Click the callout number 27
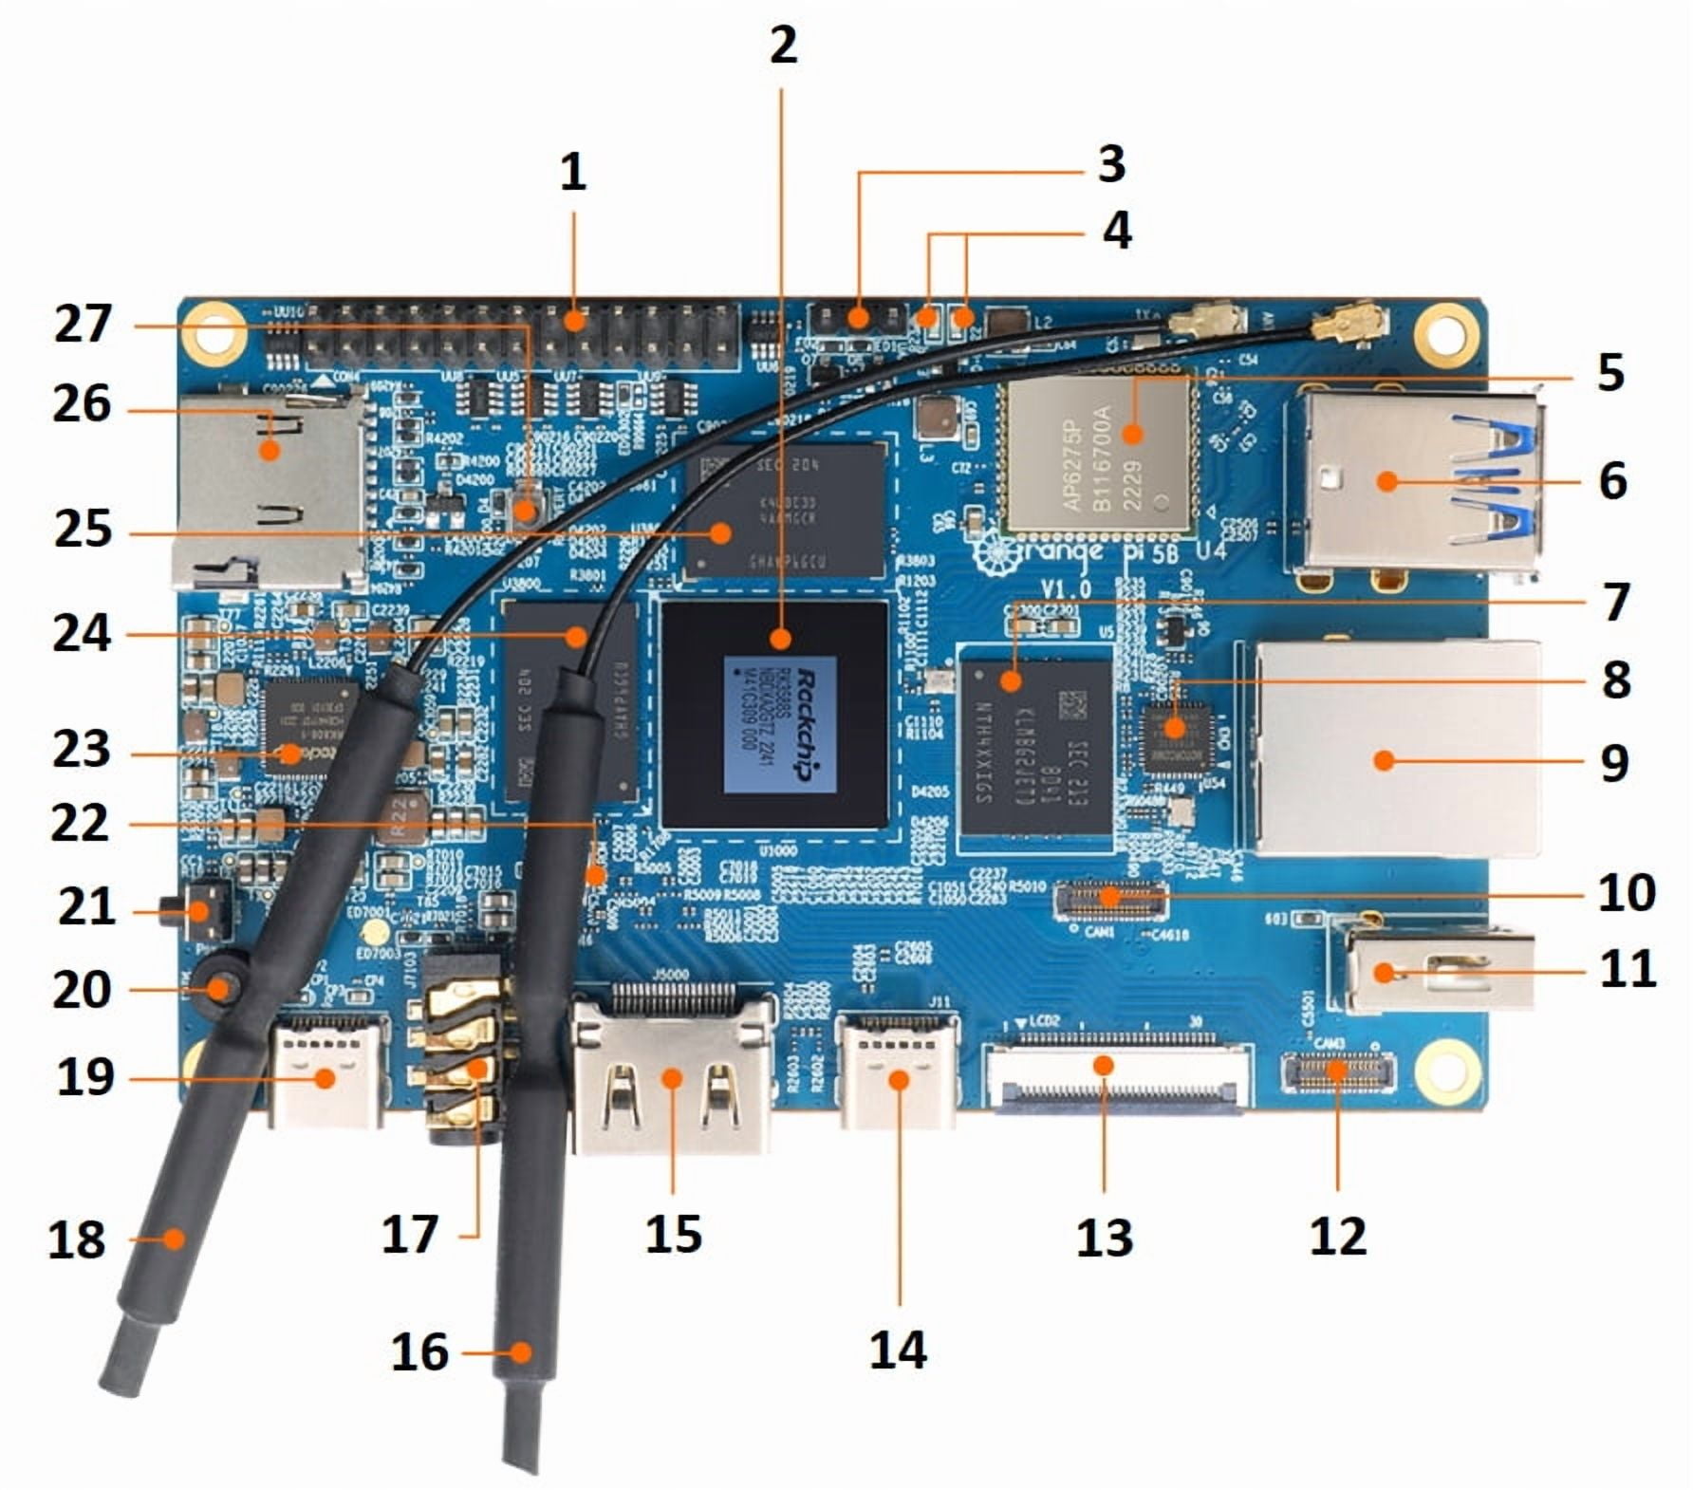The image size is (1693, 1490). point(83,325)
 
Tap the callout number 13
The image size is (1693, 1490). point(1104,1238)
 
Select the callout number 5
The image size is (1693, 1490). point(1610,372)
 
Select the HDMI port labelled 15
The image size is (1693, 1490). point(672,1077)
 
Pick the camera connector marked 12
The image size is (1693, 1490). point(1337,1071)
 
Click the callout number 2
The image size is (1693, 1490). point(784,45)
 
